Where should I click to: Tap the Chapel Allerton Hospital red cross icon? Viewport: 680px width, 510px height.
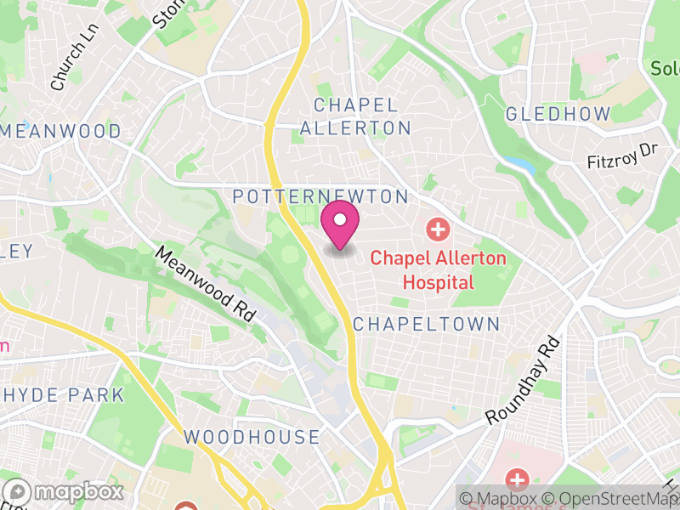(438, 229)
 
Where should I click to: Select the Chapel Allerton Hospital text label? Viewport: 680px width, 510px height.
(438, 269)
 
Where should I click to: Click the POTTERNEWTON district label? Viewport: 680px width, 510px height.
(320, 196)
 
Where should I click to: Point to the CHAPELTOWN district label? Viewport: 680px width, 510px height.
(426, 324)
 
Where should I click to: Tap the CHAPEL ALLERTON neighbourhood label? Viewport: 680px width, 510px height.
(355, 116)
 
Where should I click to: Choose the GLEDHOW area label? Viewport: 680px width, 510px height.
(558, 114)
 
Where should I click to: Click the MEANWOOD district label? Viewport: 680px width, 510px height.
(61, 131)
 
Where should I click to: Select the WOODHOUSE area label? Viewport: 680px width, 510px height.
(252, 437)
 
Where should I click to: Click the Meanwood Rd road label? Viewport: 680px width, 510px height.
(207, 284)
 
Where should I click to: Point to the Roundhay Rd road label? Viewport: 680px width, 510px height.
(524, 380)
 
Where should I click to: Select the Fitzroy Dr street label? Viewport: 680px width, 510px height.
(623, 156)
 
